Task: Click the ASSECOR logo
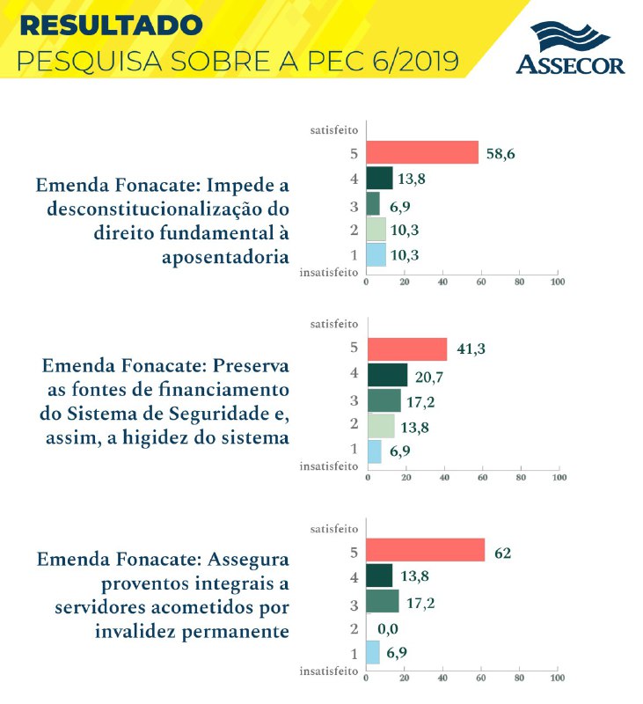pyautogui.click(x=570, y=49)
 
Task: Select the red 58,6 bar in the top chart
pyautogui.click(x=422, y=152)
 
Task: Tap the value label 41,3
pyautogui.click(x=471, y=349)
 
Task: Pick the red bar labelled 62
pyautogui.click(x=425, y=550)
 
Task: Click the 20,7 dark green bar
pyautogui.click(x=387, y=375)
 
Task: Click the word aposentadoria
pyautogui.click(x=226, y=256)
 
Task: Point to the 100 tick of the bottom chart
pyautogui.click(x=557, y=680)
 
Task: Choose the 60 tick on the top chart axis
pyautogui.click(x=480, y=282)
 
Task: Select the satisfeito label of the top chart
pyautogui.click(x=333, y=129)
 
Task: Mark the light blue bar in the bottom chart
pyautogui.click(x=373, y=652)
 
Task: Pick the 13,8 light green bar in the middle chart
pyautogui.click(x=380, y=426)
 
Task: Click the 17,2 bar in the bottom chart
pyautogui.click(x=382, y=601)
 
